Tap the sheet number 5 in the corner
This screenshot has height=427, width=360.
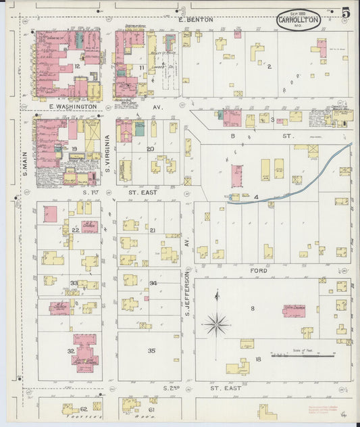[x=345, y=13]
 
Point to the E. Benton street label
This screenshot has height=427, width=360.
[x=196, y=20]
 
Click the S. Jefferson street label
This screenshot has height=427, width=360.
[x=188, y=292]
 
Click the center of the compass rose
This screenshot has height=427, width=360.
[x=216, y=324]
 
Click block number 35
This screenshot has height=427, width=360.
[x=152, y=351]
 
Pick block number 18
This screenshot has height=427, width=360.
[x=257, y=359]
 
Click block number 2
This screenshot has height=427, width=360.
[x=269, y=66]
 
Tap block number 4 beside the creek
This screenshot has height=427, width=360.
[x=257, y=197]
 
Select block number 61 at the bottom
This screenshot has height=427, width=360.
[x=152, y=409]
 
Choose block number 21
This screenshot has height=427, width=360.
[x=153, y=230]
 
